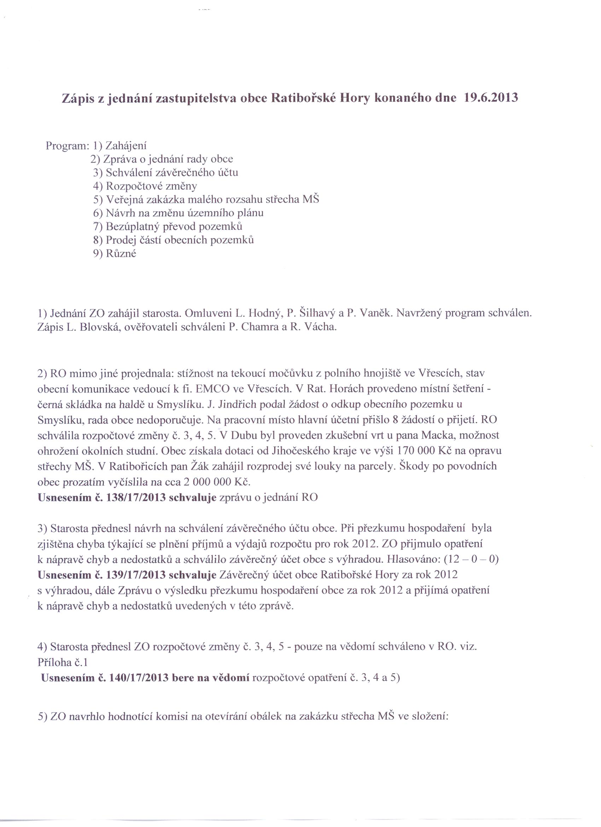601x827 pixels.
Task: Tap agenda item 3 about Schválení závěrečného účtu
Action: coord(166,173)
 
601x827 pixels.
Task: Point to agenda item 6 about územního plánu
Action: coord(178,213)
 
